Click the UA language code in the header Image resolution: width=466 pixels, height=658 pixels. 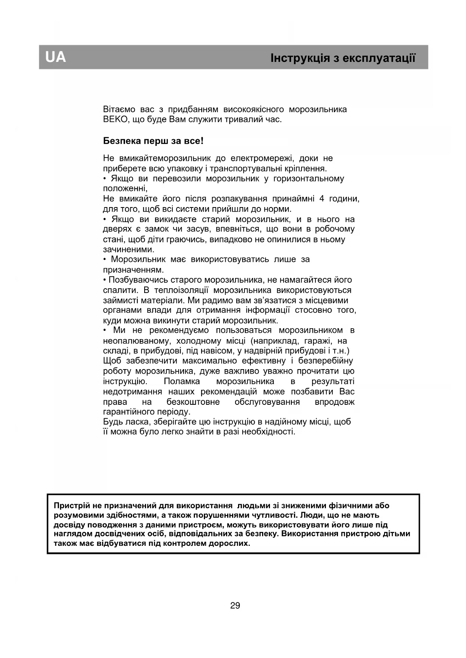(x=56, y=57)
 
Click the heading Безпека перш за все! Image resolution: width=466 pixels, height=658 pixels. (x=153, y=141)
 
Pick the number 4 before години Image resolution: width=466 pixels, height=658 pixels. (x=321, y=199)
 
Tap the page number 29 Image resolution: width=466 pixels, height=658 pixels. (x=235, y=605)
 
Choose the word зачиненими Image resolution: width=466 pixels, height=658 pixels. (x=128, y=249)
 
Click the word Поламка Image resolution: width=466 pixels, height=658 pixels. (x=182, y=382)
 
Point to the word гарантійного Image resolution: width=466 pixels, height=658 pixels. (x=127, y=412)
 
